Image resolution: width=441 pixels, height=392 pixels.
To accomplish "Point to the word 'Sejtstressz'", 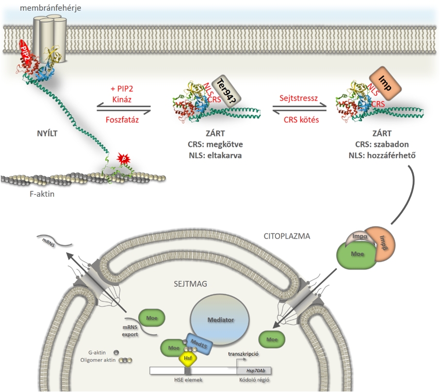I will pos(299,97).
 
